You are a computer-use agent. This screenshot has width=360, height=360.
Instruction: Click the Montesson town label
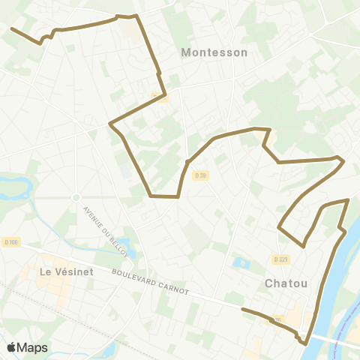214,52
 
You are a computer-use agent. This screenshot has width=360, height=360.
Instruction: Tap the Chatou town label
286,283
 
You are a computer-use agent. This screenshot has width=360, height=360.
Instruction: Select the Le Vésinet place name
66,271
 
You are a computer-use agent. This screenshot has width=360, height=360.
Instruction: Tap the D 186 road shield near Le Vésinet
10,241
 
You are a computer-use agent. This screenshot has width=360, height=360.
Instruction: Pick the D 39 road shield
199,175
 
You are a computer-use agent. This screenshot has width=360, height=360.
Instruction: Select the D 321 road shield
280,259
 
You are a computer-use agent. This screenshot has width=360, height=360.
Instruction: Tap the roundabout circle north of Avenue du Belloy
76,197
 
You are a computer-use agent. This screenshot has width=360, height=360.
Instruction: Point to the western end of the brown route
11,28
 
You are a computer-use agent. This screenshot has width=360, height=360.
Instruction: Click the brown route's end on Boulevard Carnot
242,308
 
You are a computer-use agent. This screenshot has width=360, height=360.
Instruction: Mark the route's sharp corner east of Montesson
342,159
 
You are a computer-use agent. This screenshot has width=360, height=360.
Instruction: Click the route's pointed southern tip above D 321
304,245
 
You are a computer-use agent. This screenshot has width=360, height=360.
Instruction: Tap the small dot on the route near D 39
187,161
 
